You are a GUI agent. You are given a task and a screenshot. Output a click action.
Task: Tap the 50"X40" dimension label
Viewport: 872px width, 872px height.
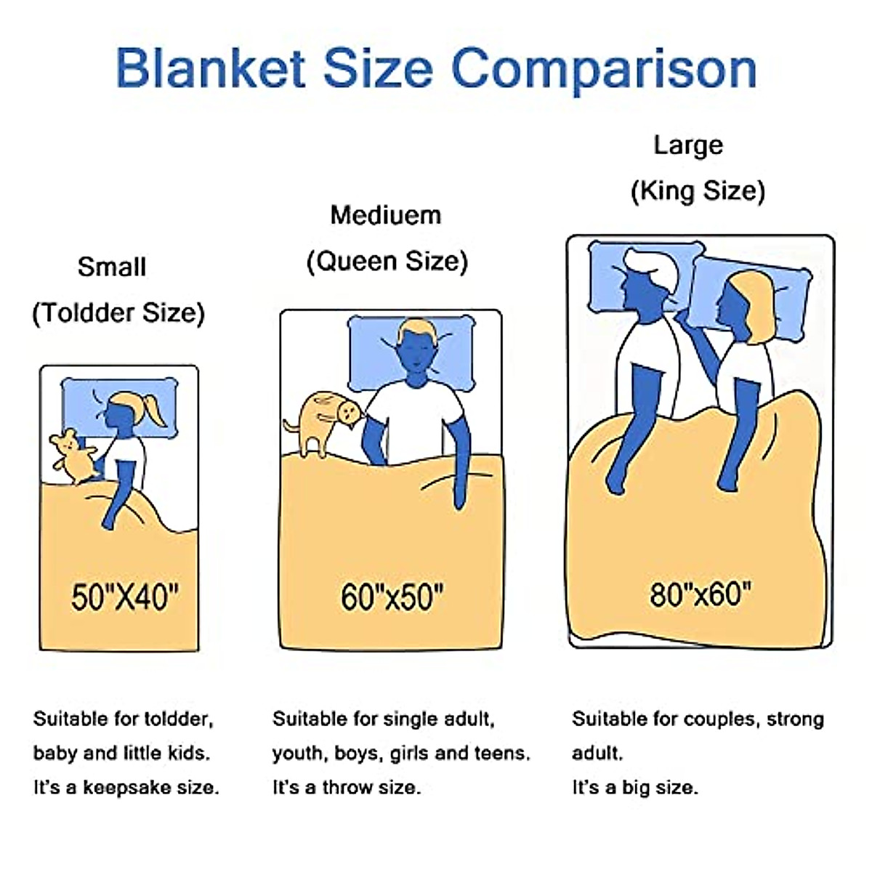click(124, 597)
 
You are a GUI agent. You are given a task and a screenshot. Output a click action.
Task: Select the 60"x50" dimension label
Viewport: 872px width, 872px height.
click(392, 597)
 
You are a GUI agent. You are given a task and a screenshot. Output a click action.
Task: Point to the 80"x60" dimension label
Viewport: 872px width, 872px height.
click(700, 594)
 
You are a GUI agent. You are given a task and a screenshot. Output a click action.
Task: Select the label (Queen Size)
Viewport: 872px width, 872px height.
click(387, 261)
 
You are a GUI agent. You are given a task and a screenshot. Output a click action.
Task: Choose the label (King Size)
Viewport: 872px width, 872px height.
click(698, 191)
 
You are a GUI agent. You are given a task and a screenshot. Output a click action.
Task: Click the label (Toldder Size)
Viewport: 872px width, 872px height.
click(118, 313)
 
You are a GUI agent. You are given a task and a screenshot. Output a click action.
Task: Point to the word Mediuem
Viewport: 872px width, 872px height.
click(385, 215)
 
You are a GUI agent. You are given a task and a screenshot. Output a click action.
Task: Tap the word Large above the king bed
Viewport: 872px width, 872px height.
click(687, 145)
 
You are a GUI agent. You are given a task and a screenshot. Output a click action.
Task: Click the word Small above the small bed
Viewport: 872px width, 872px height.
click(112, 267)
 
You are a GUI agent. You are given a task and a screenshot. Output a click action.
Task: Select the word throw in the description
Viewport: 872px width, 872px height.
click(347, 787)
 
